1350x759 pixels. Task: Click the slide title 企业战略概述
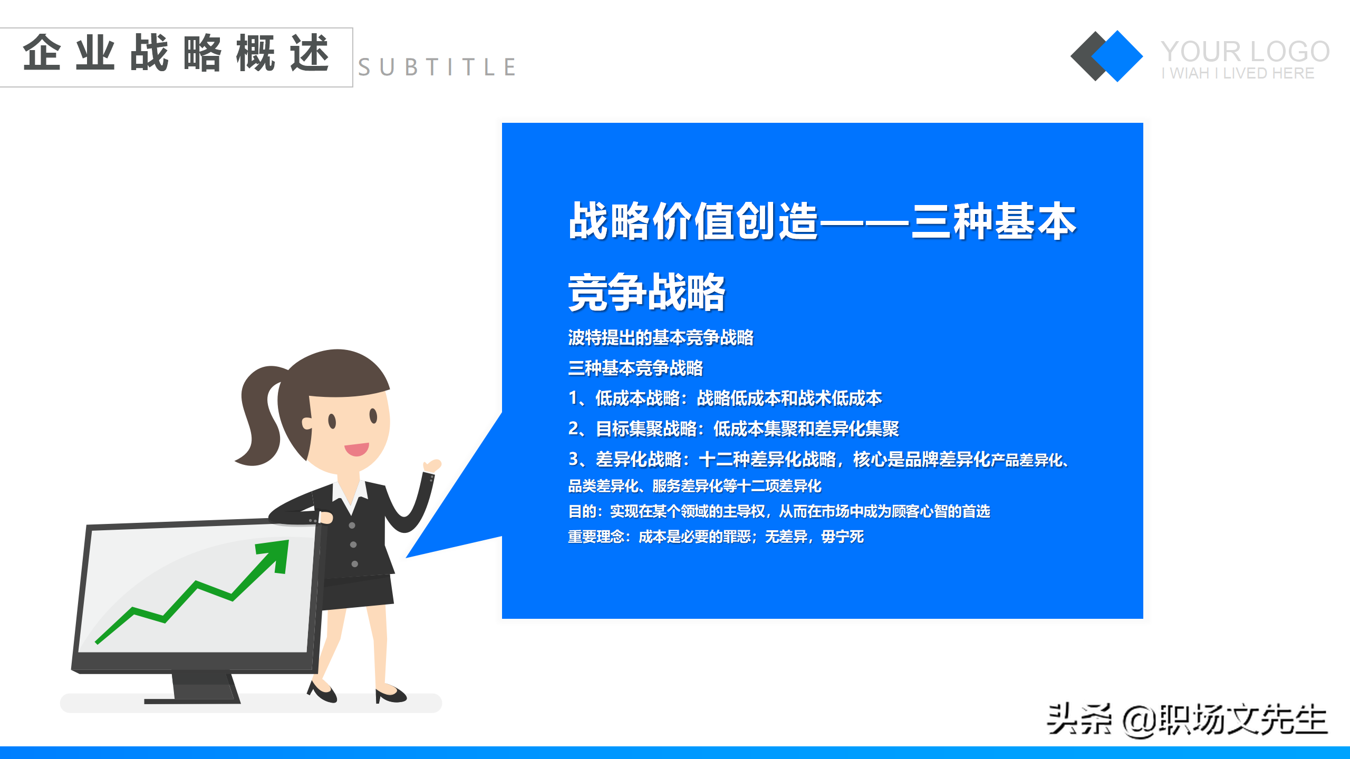tap(176, 53)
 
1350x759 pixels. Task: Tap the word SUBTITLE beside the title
tap(437, 67)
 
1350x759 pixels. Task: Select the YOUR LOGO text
tap(1245, 52)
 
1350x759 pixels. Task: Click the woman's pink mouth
tap(357, 449)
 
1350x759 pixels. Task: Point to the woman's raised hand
tap(432, 465)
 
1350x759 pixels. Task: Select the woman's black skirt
tap(359, 593)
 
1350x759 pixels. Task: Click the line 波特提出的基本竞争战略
tap(661, 337)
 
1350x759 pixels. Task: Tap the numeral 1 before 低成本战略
tap(573, 398)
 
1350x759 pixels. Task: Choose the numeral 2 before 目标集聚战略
tap(574, 429)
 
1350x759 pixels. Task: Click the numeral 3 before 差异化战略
tap(574, 459)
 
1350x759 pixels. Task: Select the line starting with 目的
tap(779, 511)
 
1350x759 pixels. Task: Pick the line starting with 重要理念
tap(716, 537)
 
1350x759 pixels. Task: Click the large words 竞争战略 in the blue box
tap(647, 293)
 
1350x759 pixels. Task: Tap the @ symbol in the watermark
tap(1139, 721)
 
